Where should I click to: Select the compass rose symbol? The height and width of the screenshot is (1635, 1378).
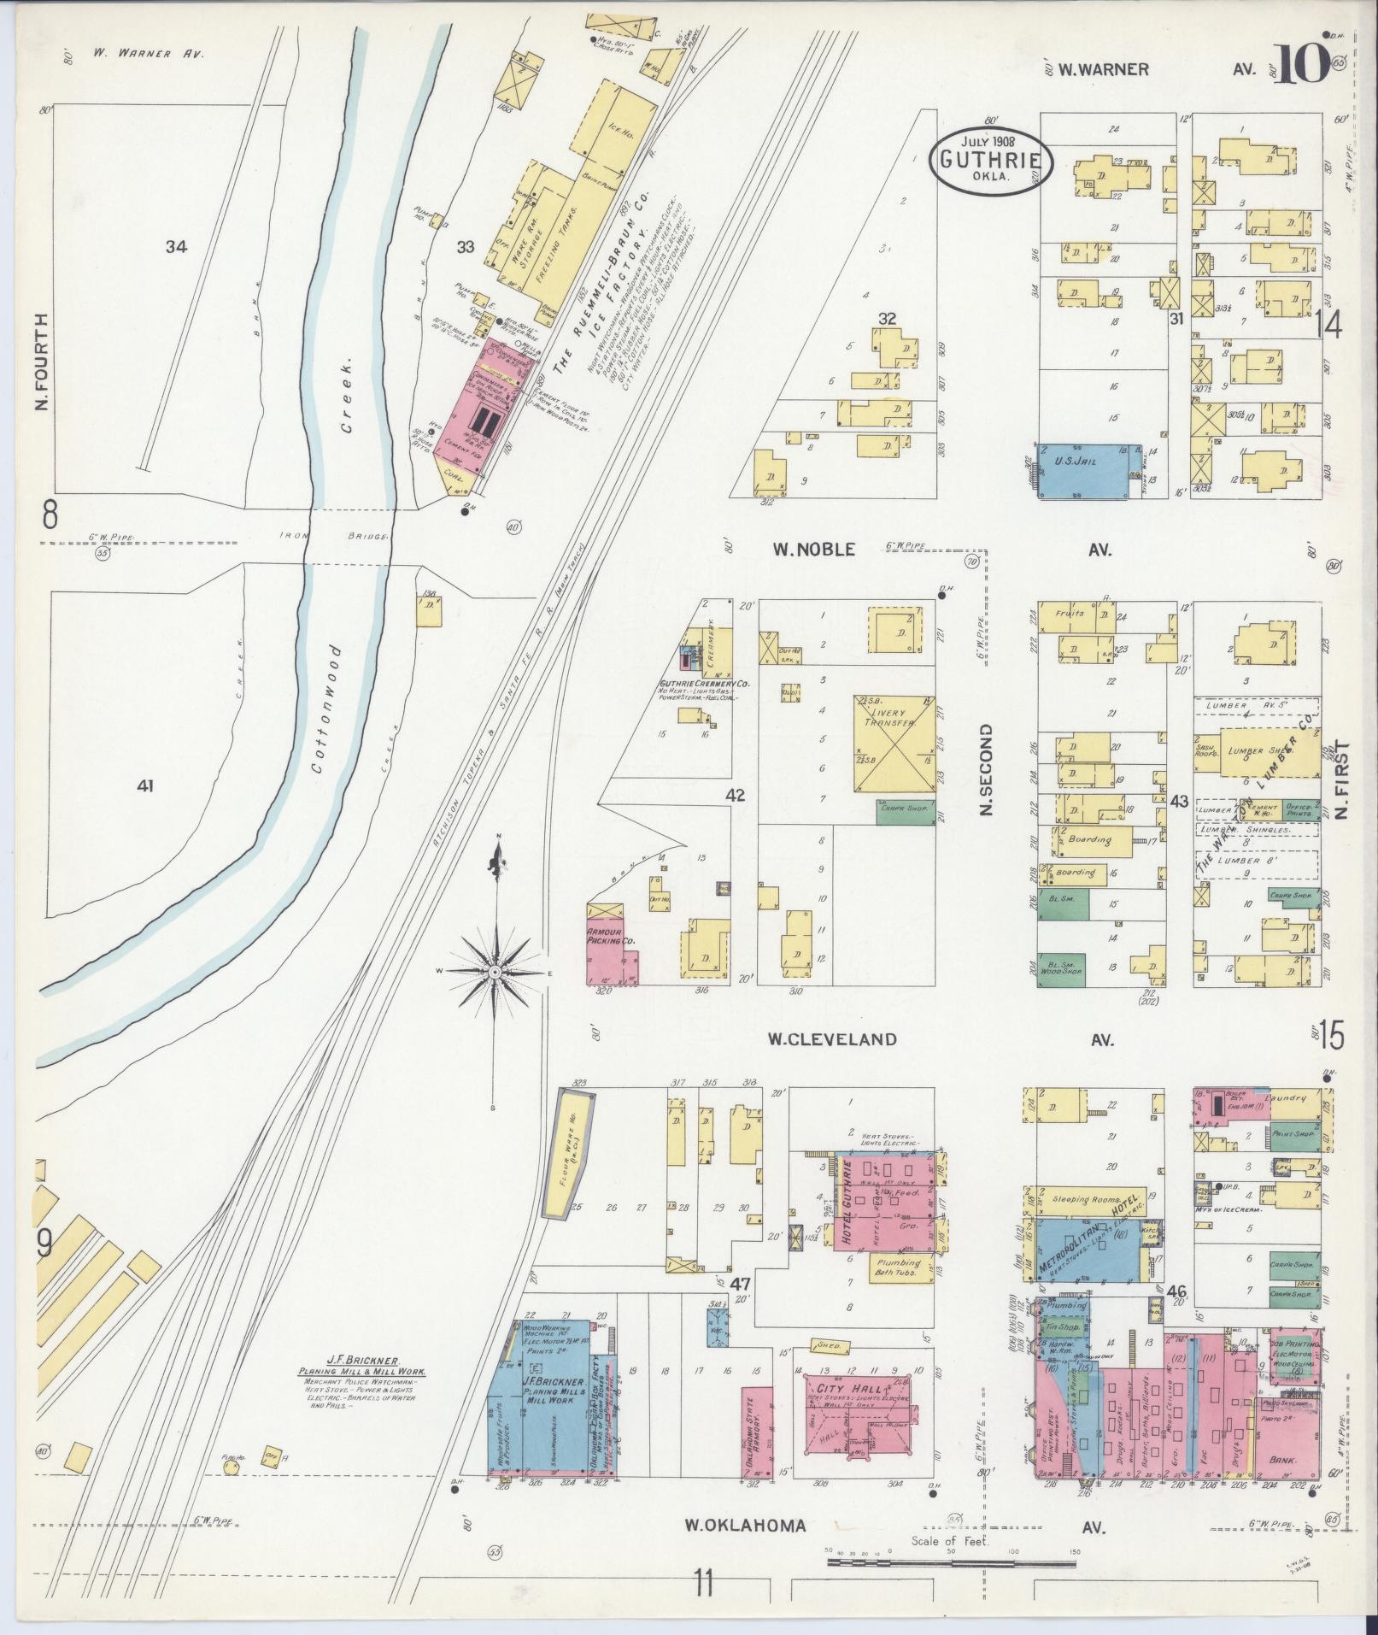coord(495,973)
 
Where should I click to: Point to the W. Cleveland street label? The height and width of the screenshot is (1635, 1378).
coord(831,1039)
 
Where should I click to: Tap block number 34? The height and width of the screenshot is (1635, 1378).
coord(177,247)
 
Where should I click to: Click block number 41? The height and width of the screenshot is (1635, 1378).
coord(145,785)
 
